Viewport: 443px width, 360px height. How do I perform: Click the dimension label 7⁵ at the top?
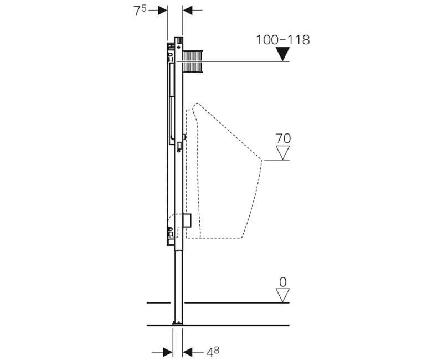[139, 10]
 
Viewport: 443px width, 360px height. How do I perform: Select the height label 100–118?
[282, 40]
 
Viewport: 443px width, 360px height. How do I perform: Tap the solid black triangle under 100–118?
[283, 54]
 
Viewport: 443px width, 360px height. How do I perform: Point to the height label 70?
[283, 138]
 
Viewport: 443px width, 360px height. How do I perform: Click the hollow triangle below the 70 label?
[283, 153]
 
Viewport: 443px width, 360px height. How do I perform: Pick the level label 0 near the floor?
[283, 282]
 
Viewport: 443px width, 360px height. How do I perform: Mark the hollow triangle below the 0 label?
[283, 296]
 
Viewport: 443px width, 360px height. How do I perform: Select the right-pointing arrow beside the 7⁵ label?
[161, 10]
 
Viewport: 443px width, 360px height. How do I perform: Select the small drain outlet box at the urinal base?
[187, 220]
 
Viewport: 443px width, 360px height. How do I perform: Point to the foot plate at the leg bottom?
[178, 323]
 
